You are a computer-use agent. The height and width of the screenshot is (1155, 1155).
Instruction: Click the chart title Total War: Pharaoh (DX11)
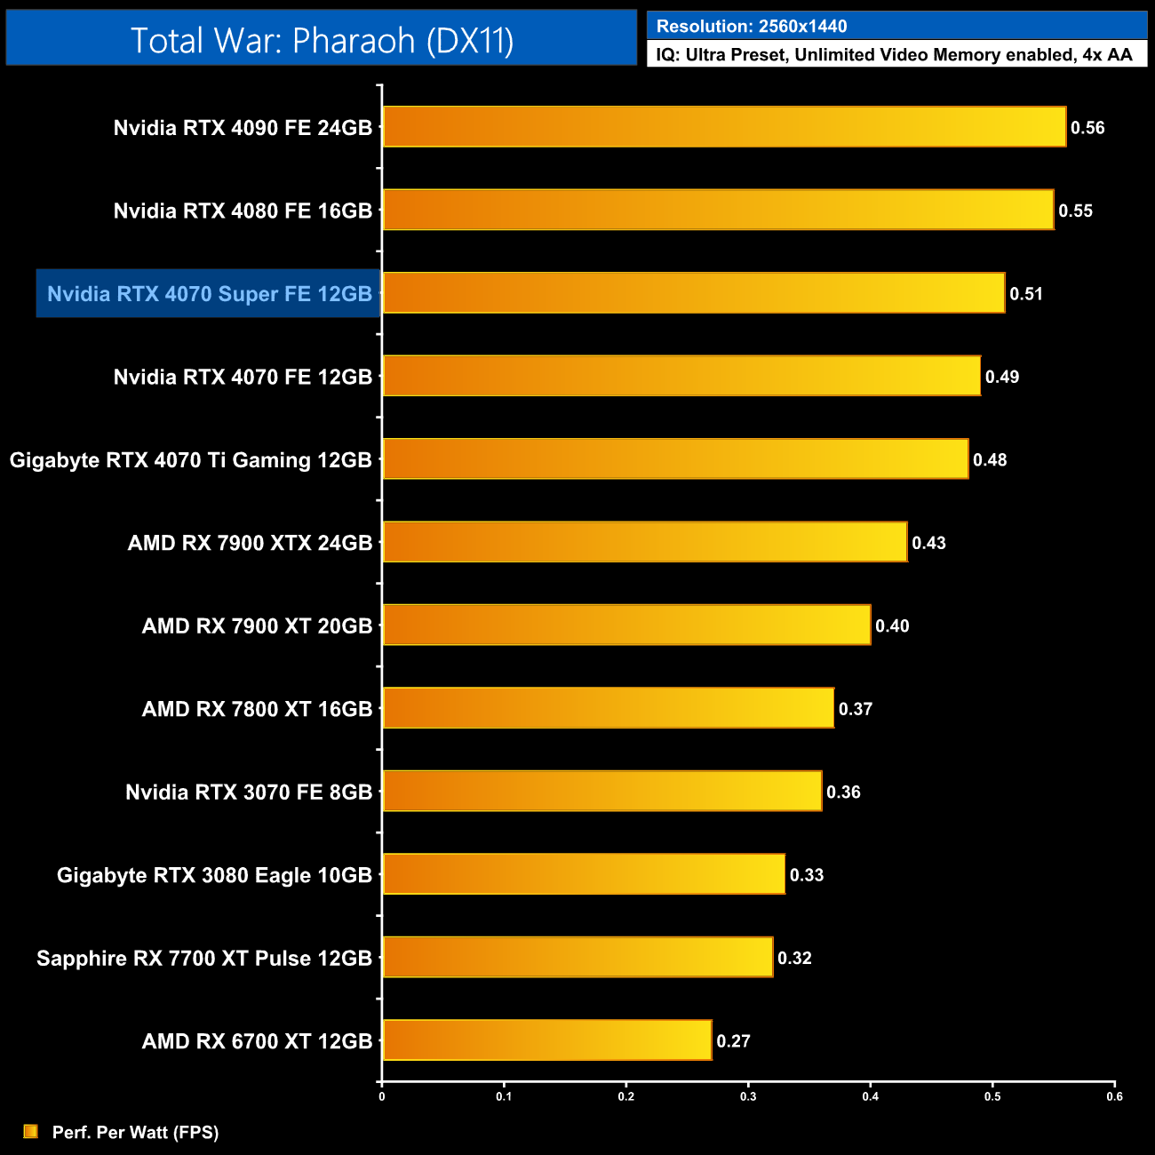tap(322, 40)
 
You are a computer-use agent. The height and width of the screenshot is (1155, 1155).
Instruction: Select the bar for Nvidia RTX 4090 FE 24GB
tap(723, 127)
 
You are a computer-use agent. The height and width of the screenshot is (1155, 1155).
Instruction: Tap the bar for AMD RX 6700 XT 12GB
tap(546, 1040)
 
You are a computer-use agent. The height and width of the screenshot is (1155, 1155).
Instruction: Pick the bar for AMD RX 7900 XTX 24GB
tap(644, 542)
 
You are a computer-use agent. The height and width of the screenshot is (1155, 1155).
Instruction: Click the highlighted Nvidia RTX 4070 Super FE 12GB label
tap(209, 294)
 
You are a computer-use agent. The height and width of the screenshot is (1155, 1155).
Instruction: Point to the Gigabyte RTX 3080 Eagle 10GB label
tap(214, 875)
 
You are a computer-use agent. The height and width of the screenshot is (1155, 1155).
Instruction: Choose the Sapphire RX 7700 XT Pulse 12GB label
tap(204, 959)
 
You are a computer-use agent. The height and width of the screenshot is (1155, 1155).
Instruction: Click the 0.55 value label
tap(1075, 211)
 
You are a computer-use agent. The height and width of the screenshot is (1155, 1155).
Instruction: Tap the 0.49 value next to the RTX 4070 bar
tap(1002, 377)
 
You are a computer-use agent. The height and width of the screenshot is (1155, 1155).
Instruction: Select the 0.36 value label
tap(843, 793)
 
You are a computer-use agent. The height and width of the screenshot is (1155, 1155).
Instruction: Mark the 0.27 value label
tap(733, 1041)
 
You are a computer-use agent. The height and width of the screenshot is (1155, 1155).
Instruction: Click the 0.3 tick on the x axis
tap(748, 1096)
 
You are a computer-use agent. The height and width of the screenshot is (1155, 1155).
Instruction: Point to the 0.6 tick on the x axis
tap(1114, 1096)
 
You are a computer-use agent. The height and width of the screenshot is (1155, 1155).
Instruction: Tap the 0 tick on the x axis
tap(382, 1096)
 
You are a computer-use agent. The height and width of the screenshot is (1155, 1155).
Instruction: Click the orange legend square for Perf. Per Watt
tap(31, 1132)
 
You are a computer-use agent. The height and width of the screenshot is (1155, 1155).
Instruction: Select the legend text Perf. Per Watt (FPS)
tap(135, 1133)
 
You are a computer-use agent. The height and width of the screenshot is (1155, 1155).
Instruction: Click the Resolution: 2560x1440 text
tap(751, 27)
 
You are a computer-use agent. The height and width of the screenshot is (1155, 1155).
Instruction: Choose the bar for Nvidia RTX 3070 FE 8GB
tap(601, 791)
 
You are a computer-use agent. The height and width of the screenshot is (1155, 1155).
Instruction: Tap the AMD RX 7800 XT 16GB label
tap(257, 709)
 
